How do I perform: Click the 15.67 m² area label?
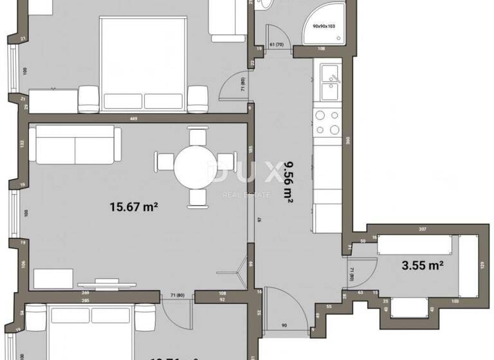tap(134, 206)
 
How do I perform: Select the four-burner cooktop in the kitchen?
tap(327, 122)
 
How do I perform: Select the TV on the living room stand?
tap(107, 282)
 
